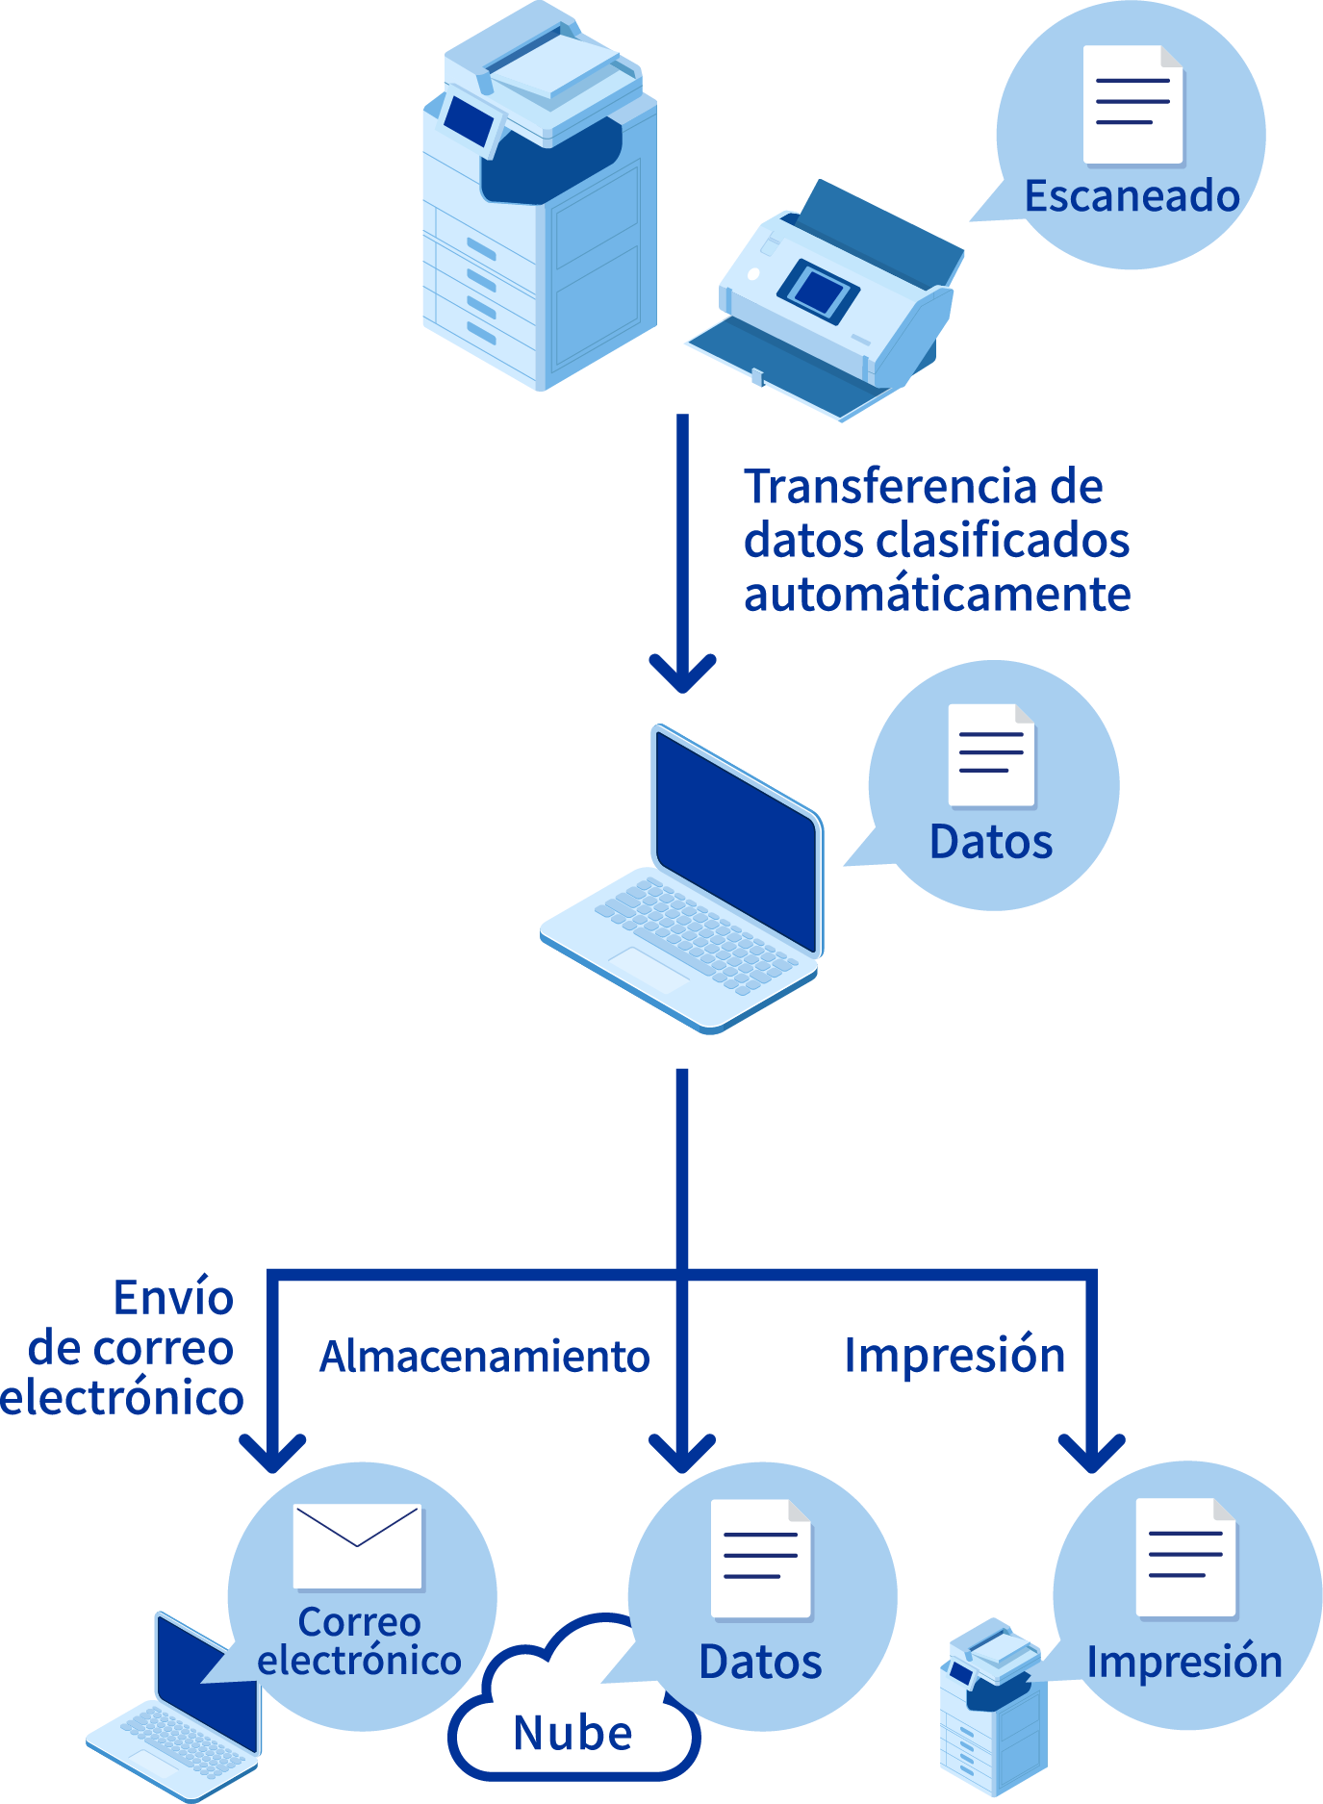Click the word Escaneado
pos(1132,196)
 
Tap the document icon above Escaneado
pos(1132,105)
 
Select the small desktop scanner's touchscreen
pos(817,290)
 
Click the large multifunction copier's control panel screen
pos(470,120)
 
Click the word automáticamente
pos(936,595)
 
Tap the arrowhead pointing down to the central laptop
pos(682,673)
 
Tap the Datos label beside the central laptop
pos(991,842)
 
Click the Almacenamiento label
pos(485,1357)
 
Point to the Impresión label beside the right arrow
pos(954,1356)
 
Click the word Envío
pos(173,1298)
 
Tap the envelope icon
pos(357,1546)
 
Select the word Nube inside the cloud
pos(573,1734)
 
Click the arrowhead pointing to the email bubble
pos(272,1452)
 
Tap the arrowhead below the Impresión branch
pos(1091,1452)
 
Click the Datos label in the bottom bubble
pos(760,1662)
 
